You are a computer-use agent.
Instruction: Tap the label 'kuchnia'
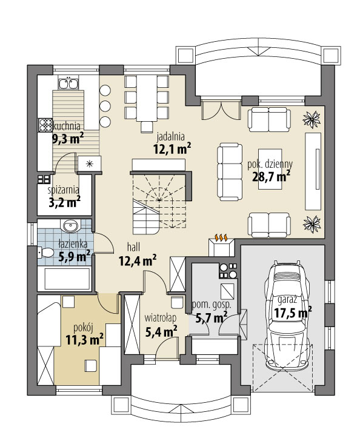tap(68, 126)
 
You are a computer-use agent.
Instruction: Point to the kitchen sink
tap(68, 83)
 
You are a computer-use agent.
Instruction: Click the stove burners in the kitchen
tap(45, 125)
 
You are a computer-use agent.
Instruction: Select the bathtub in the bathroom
tap(64, 279)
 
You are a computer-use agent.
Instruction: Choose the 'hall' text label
tap(135, 247)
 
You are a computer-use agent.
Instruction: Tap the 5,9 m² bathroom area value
tap(74, 256)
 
